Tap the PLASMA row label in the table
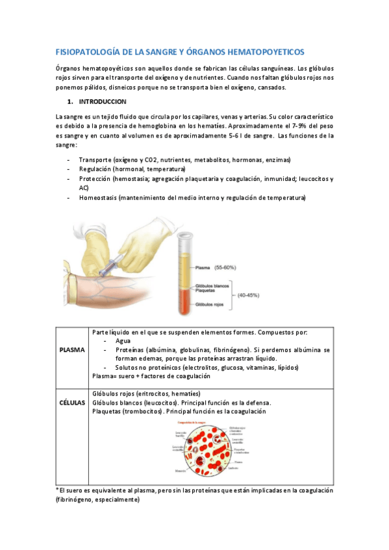pyautogui.click(x=71, y=350)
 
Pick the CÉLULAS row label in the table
pyautogui.click(x=71, y=402)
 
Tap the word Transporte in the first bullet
pyautogui.click(x=95, y=160)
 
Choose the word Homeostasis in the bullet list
pyautogui.click(x=98, y=197)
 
